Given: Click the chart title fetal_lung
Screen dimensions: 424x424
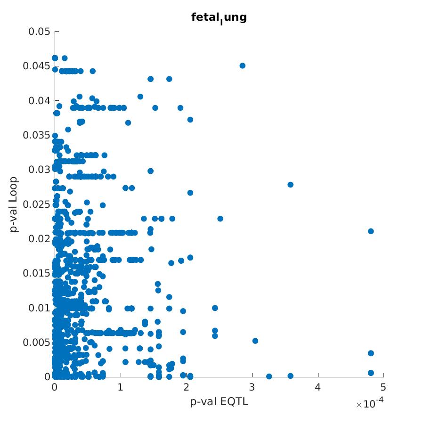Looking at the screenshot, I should coord(219,18).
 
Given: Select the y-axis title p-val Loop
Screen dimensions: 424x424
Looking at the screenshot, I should coord(14,204).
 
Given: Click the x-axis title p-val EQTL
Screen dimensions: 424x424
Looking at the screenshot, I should coord(219,402).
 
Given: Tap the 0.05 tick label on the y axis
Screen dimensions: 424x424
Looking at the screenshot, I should coord(39,32).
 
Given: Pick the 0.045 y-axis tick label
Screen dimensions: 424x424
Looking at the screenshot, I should coord(37,66).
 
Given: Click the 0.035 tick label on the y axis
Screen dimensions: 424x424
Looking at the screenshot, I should coord(37,135).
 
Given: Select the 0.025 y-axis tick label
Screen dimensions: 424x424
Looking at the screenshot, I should coord(37,204).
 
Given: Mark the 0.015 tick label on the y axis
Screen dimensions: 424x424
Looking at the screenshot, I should coord(37,273).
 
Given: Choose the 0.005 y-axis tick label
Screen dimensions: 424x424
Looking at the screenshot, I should coord(37,342).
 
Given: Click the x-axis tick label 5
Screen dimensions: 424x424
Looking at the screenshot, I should coord(383,387).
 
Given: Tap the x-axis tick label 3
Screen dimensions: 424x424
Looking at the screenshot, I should coord(252,387).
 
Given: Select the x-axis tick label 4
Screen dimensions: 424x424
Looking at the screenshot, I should coord(318,387).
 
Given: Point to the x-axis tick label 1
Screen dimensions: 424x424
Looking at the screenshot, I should coord(121,387).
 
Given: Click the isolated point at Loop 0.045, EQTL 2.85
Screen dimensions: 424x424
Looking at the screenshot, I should coord(242,65).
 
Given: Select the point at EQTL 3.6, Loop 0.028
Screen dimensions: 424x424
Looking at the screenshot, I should coord(290,185).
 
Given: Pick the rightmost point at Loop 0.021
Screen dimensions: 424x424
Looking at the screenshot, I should coord(371,231).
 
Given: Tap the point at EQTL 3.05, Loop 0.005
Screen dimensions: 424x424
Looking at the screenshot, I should coord(255,341).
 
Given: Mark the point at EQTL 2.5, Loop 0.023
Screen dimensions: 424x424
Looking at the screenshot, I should coord(220,219).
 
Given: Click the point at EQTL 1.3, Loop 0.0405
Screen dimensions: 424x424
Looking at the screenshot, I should coord(140,97).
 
